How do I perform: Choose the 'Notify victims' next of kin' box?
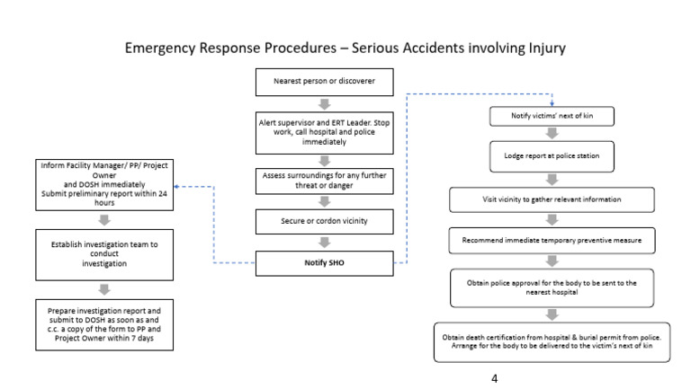552,117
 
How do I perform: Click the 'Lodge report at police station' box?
552,155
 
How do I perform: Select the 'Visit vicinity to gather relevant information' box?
552,198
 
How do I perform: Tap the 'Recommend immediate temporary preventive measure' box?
552,241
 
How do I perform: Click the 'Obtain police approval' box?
552,287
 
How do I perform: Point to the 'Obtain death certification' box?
552,341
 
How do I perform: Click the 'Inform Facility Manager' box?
105,184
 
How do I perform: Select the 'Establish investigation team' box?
105,253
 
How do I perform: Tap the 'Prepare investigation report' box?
105,323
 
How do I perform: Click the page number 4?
494,378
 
